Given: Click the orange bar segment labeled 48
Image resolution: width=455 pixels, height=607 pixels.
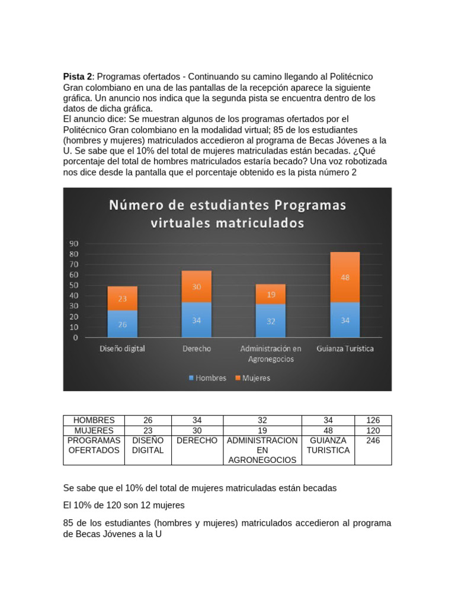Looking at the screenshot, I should point(345,277).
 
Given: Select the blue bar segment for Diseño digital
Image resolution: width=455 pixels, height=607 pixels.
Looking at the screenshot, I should point(122,324).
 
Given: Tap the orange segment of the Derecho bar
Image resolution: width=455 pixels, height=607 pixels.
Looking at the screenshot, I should point(196,286).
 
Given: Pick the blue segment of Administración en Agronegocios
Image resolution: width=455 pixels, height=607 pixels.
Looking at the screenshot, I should point(270,321).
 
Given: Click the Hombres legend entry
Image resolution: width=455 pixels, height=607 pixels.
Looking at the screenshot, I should point(207,378).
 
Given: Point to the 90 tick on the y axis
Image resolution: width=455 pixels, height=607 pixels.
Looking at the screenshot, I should point(75,244).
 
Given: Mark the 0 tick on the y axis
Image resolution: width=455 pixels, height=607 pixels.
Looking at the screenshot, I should point(76,338).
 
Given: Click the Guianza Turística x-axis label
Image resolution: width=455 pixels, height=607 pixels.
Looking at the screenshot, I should point(345,349).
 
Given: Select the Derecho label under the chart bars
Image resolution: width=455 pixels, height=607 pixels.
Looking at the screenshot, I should point(196,349).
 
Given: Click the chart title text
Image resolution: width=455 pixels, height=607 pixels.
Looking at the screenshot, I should point(227,214).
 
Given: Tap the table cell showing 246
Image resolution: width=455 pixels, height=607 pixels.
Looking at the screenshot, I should point(373,440).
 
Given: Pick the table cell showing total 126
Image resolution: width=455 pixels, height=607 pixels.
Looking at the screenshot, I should point(373,420).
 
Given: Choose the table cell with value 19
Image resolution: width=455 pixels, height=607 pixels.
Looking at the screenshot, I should point(267,430).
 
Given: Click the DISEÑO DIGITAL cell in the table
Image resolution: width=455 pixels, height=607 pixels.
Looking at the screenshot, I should point(148,445).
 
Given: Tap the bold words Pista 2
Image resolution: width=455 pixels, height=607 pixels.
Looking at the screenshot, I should point(78,77).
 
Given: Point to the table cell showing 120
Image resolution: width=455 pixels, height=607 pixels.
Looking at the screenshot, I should point(373,430).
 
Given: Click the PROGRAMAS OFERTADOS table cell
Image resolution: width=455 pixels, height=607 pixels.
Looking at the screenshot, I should point(94,445).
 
